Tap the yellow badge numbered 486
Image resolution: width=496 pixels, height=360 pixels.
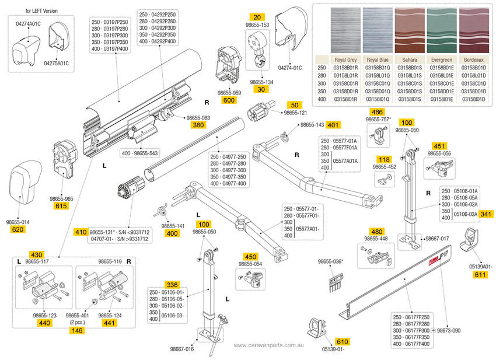tap(377, 111)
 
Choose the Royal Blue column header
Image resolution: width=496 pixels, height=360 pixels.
tap(378, 60)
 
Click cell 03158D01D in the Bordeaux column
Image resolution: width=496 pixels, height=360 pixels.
tap(473, 92)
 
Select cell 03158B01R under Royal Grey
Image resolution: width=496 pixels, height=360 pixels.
tap(345, 68)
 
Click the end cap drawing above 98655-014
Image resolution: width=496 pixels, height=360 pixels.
tap(24, 182)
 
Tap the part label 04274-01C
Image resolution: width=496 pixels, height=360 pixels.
tap(290, 68)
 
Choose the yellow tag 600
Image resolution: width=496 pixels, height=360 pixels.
tap(229, 100)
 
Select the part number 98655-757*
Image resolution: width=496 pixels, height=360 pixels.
tap(378, 119)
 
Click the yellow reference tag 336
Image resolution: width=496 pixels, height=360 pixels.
tap(171, 284)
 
